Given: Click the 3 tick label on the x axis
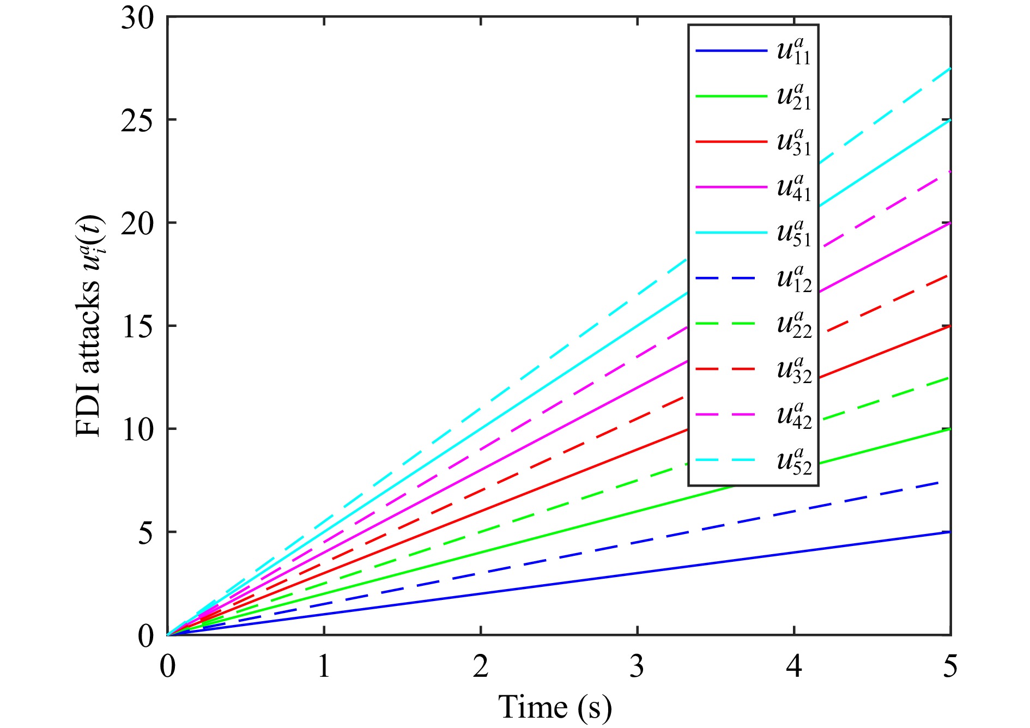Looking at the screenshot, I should click(x=637, y=666).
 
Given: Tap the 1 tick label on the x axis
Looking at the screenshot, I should click(x=324, y=666).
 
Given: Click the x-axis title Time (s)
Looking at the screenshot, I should click(x=555, y=707).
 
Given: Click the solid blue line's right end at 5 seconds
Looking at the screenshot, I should click(x=949, y=532).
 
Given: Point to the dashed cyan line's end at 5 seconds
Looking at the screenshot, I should click(x=949, y=69).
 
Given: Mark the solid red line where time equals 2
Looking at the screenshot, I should click(x=481, y=511).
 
